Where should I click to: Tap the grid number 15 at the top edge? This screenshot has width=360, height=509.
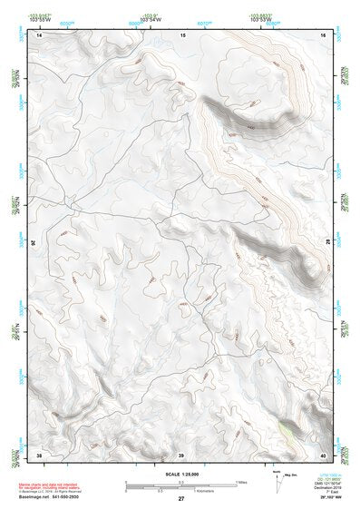[182, 34]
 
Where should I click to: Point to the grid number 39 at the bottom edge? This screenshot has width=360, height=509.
[181, 454]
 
